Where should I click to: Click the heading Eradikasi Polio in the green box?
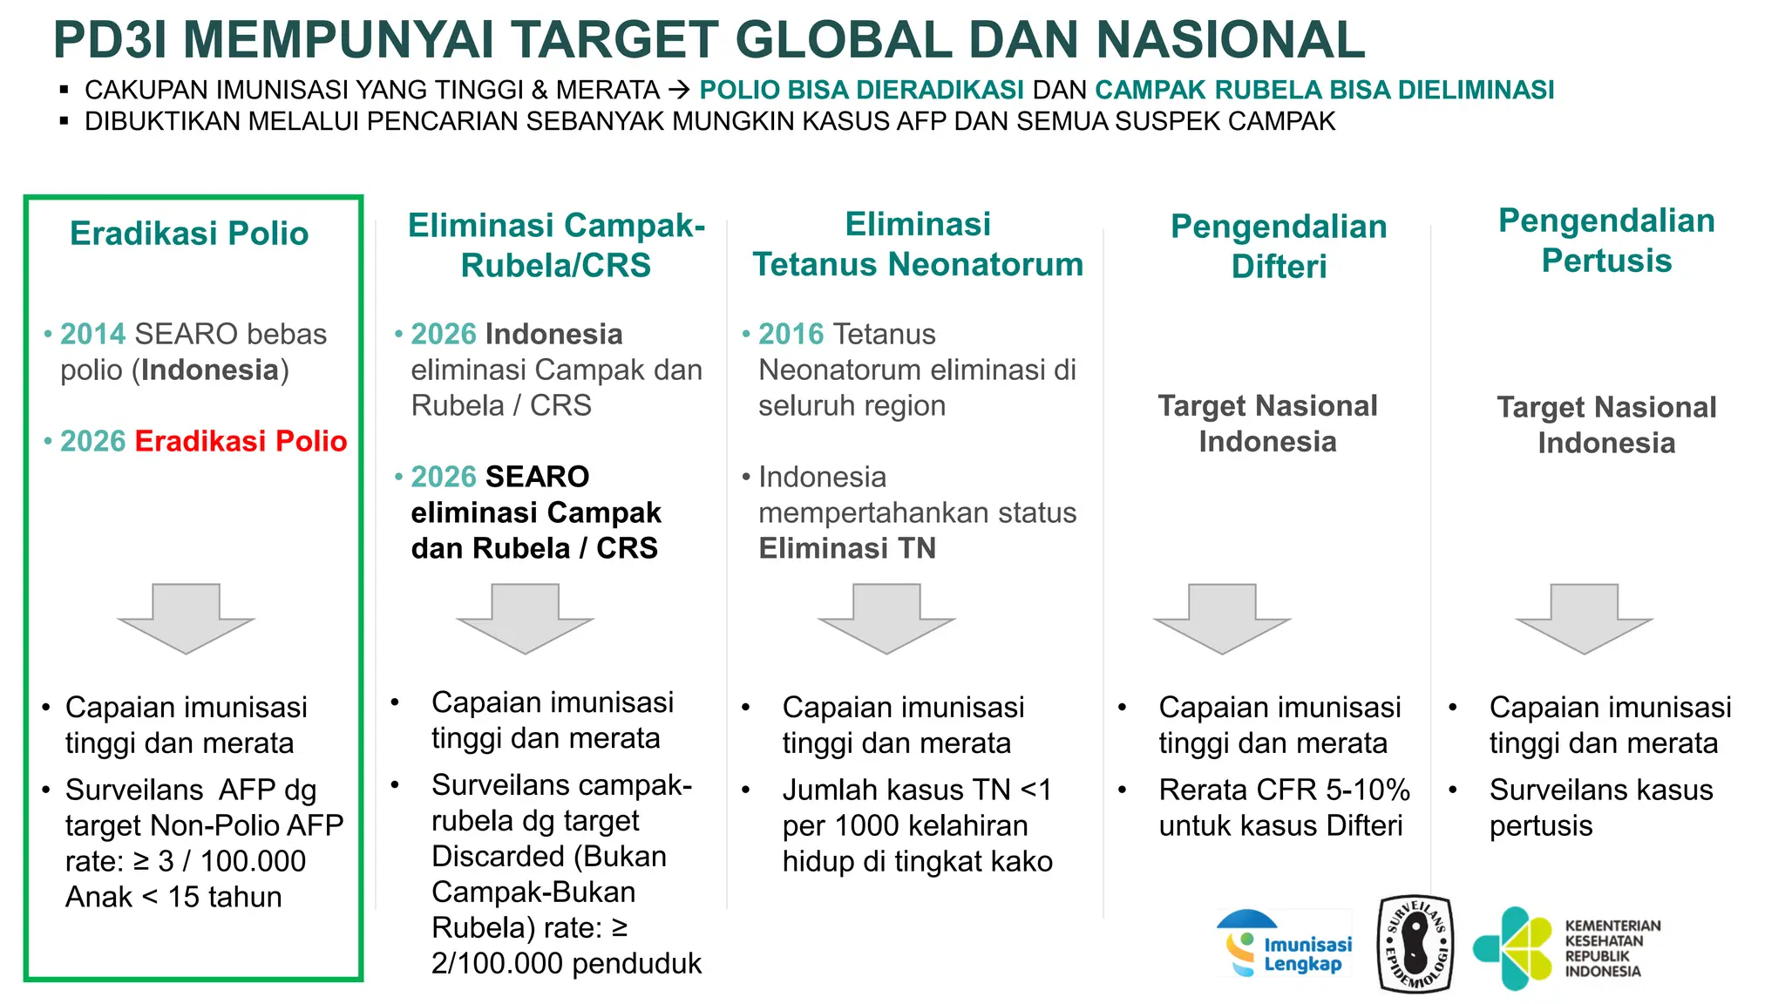(x=189, y=234)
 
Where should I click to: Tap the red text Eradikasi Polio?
(x=241, y=441)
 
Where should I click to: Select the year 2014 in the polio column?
(x=93, y=334)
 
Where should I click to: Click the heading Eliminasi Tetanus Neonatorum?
(x=918, y=244)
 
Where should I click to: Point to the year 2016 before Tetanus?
(x=791, y=334)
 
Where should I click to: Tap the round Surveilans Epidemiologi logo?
(x=1416, y=946)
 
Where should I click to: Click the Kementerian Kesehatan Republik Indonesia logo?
(x=1566, y=948)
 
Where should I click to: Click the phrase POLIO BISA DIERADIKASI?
(x=861, y=90)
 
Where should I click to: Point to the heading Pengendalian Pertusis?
(x=1606, y=241)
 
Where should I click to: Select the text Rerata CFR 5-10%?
(x=1284, y=790)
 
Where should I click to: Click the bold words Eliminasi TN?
(x=847, y=548)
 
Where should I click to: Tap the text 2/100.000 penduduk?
(x=566, y=963)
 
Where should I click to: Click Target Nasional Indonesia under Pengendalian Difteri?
(x=1267, y=424)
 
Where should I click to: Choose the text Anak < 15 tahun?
(x=173, y=897)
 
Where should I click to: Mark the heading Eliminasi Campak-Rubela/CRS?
(x=556, y=245)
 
